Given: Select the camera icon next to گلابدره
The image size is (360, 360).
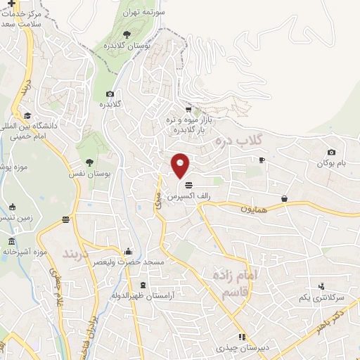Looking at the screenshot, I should [x=110, y=94].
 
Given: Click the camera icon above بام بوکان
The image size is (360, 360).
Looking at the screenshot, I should [x=332, y=152].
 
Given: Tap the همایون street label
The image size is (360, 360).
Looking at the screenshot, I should [x=256, y=208].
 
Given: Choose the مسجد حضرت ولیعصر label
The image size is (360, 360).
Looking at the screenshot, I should [x=128, y=262].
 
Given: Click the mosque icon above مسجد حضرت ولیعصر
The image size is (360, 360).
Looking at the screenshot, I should [x=128, y=251].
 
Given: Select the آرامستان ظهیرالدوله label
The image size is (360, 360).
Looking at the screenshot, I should [x=143, y=295].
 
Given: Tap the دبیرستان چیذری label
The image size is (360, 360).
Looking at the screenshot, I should [x=242, y=348].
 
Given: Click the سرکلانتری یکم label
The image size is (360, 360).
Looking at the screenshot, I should [x=321, y=297].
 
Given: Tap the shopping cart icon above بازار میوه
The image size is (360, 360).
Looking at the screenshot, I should [x=188, y=109].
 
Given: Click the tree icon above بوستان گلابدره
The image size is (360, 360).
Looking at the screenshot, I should [x=126, y=34].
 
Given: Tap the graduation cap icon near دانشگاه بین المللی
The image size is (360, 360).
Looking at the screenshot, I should [x=27, y=115].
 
